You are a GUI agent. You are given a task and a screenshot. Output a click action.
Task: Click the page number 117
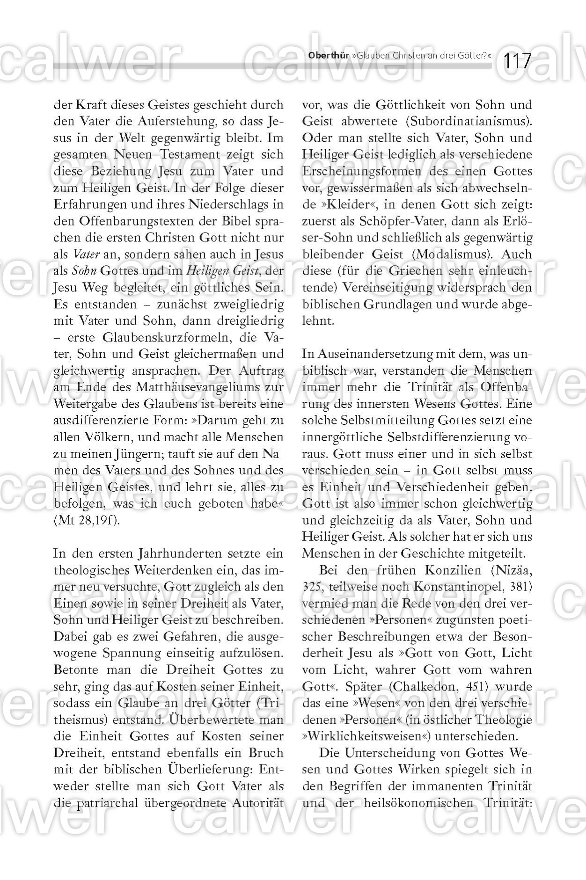[517, 61]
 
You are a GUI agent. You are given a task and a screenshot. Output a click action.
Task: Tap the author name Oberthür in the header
[328, 55]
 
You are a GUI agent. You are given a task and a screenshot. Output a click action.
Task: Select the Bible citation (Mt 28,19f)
[87, 520]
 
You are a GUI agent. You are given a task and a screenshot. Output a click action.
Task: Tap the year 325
[312, 587]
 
